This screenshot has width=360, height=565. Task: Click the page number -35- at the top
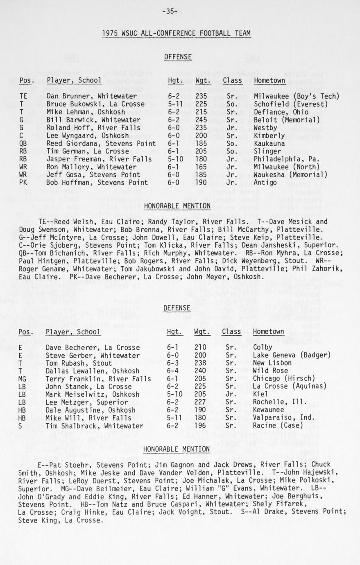pos(170,11)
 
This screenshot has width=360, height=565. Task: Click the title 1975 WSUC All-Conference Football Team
pos(176,34)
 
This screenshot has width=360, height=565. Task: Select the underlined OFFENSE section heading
pos(178,57)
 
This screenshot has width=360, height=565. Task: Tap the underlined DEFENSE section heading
pos(177,308)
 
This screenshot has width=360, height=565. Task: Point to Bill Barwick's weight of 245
pos(201,120)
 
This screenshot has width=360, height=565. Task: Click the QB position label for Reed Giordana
pos(23,143)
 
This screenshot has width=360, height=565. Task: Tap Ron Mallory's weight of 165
pos(201,167)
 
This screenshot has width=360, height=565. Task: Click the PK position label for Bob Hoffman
pos(23,182)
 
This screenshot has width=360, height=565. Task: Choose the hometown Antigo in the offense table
pos(265,182)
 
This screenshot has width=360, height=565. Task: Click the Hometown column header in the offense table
pos(269,81)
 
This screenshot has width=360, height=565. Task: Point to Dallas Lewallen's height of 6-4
pos(172,371)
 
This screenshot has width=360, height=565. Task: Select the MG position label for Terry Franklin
pos(23,379)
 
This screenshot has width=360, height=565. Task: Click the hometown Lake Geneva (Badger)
pos(292,355)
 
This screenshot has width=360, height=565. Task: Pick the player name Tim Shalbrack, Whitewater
pos(94,426)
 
